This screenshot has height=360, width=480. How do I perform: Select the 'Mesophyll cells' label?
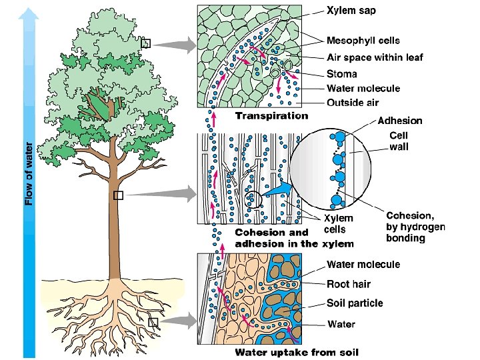[363, 41]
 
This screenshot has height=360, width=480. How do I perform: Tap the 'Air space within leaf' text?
[375, 57]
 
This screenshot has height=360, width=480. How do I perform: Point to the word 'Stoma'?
[341, 73]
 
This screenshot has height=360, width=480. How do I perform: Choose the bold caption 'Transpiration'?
[271, 115]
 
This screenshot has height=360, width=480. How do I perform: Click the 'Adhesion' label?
[400, 121]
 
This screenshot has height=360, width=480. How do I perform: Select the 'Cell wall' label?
[400, 140]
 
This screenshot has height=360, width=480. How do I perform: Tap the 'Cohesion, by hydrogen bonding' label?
[415, 227]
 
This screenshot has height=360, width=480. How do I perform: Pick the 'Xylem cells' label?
[339, 223]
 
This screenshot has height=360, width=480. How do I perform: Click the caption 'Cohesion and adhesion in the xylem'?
[294, 238]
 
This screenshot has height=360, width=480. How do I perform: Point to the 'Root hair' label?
[348, 284]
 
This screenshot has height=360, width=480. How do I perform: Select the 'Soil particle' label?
[355, 303]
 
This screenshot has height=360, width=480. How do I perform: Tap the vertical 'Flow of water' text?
[29, 173]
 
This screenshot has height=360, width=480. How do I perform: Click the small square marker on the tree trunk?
[119, 195]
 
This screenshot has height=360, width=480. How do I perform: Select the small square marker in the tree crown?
[147, 44]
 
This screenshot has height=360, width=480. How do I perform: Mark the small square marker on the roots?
[153, 323]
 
